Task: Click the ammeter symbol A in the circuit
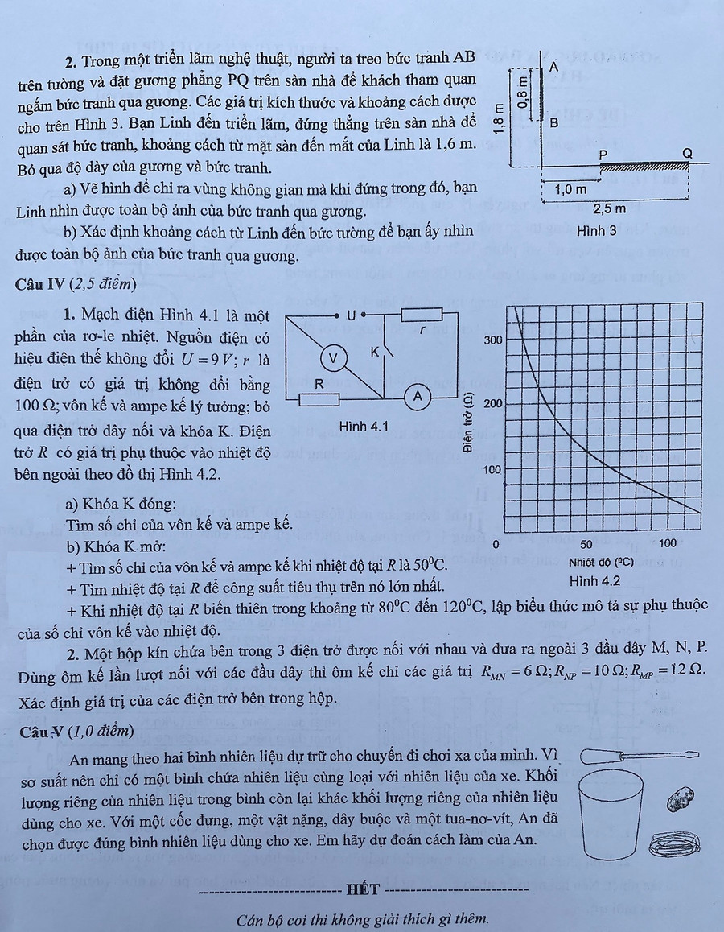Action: click(x=418, y=395)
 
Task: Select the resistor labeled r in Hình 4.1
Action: click(x=422, y=314)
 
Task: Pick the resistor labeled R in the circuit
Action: click(x=319, y=399)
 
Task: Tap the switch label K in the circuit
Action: click(x=374, y=353)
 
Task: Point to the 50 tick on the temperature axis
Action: click(x=586, y=545)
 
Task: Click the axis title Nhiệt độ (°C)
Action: click(x=601, y=563)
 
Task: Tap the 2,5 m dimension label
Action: click(x=609, y=209)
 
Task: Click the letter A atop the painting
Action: click(x=554, y=68)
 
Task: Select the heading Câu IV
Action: click(x=41, y=283)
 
